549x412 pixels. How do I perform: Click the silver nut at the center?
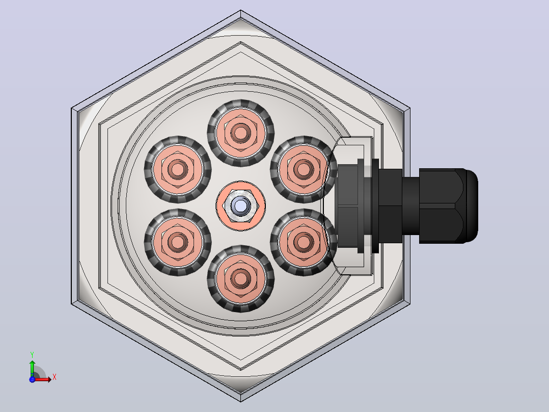click(240, 206)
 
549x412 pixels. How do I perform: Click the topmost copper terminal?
click(240, 133)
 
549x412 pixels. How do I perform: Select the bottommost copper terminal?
click(240, 279)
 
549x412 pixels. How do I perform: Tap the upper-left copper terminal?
click(178, 169)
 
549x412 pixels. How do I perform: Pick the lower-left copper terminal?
click(178, 242)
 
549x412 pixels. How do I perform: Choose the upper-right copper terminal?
click(304, 169)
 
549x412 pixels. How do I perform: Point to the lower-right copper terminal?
click(304, 242)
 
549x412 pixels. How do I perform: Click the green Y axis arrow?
click(32, 368)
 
